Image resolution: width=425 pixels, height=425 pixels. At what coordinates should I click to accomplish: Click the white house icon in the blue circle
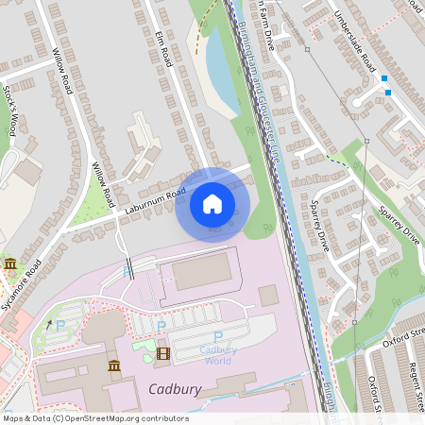click(212, 204)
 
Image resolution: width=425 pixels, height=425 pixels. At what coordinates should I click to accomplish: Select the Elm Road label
click(163, 48)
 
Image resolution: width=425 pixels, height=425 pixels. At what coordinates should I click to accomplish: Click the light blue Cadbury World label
click(218, 354)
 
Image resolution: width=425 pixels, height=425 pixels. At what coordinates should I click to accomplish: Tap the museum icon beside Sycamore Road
click(9, 263)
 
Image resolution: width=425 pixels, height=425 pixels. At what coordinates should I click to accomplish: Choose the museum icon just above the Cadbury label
click(114, 365)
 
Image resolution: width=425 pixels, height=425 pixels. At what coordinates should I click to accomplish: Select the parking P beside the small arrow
click(61, 326)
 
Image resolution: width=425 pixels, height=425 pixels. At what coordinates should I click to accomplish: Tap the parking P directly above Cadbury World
click(218, 336)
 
